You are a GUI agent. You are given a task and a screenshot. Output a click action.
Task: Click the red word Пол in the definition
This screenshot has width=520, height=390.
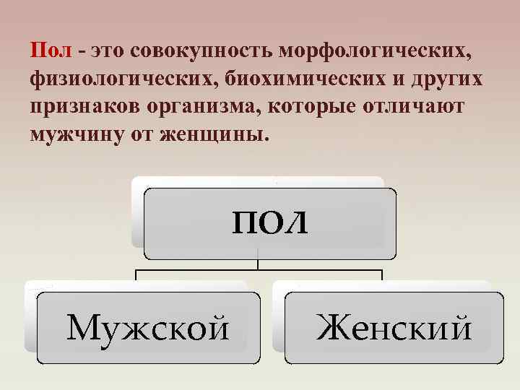[51, 52]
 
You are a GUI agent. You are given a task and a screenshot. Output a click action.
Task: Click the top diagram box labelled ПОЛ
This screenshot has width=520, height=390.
[269, 223]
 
